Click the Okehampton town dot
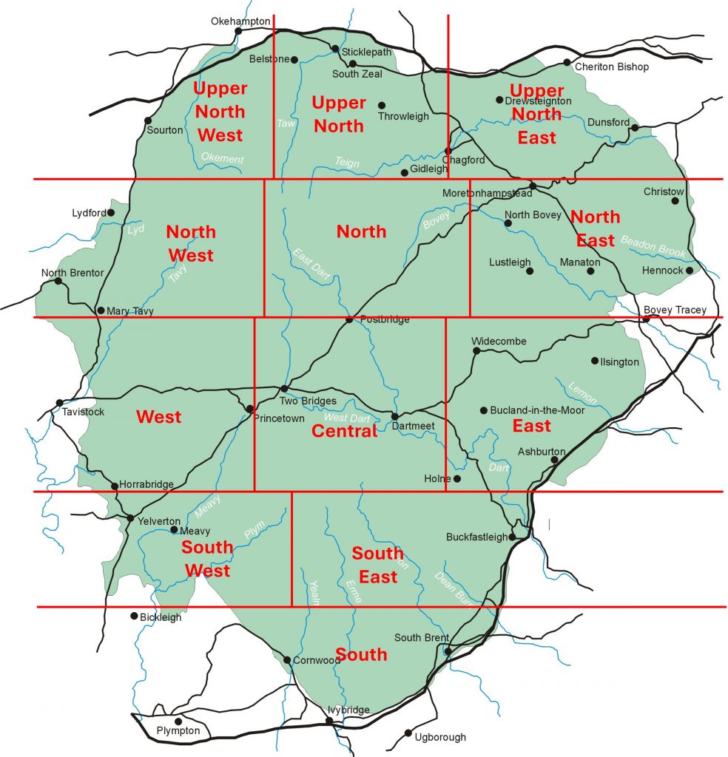(x=238, y=31)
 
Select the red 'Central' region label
(x=345, y=431)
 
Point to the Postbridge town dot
(x=349, y=319)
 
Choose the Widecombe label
(x=499, y=341)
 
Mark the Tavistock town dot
(x=59, y=403)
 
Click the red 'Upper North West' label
(x=220, y=112)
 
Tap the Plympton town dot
(x=178, y=722)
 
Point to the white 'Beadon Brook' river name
(x=653, y=246)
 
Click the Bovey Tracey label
(x=675, y=310)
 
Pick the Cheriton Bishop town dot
(x=567, y=62)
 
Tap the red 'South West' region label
(x=207, y=560)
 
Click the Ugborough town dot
(x=408, y=733)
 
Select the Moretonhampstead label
(x=487, y=193)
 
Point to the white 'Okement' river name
(x=222, y=158)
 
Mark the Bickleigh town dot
(x=134, y=616)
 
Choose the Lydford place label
(x=89, y=213)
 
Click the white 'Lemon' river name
(x=582, y=392)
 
